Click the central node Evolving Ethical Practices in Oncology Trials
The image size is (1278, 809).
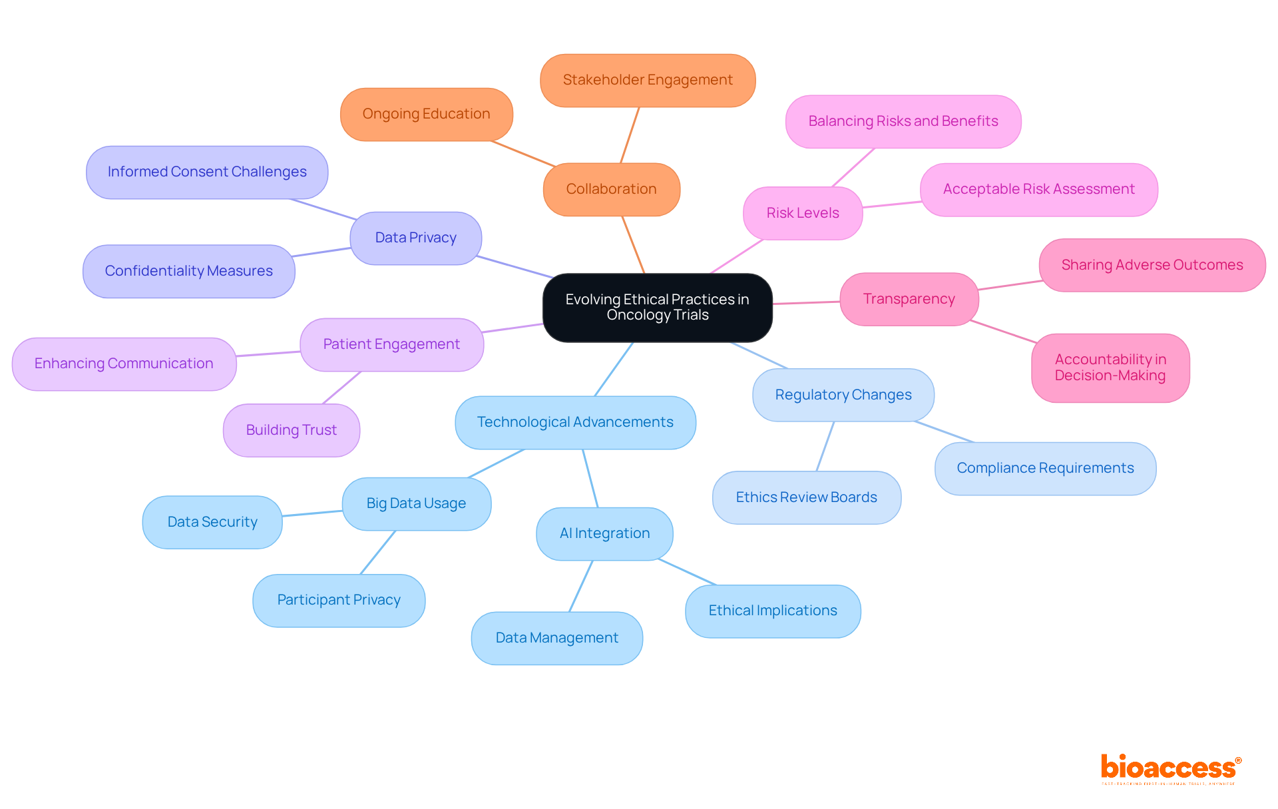coord(657,308)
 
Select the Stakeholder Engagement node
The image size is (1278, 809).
coord(647,81)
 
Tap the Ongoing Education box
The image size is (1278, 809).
coord(426,114)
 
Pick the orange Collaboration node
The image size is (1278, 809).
coord(611,189)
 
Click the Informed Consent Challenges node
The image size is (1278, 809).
coord(206,172)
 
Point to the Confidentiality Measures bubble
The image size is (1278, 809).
coord(188,271)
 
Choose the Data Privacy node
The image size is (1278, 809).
coord(415,238)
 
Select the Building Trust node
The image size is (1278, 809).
coord(291,430)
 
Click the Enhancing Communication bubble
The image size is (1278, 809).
coord(124,364)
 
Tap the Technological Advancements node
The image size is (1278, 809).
coord(575,422)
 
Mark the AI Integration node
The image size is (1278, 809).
coord(604,533)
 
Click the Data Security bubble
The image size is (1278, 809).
coord(212,522)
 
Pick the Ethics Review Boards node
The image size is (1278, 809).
coord(806,497)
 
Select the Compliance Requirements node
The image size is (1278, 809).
coord(1045,468)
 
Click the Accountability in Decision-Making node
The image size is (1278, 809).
coord(1110,368)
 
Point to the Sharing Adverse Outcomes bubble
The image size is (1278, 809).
coord(1152,265)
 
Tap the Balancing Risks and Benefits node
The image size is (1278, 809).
coord(903,121)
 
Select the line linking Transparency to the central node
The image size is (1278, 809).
coord(806,303)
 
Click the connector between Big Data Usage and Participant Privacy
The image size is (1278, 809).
coord(378,552)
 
